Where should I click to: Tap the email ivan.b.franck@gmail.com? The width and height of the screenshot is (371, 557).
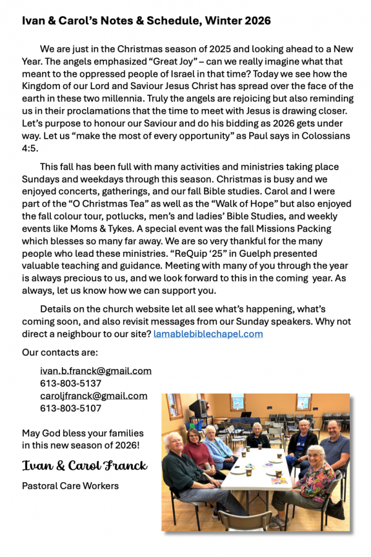pos(96,371)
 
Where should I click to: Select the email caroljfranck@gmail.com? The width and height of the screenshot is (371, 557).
pos(93,396)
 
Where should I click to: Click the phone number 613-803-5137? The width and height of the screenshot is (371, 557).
pos(70,384)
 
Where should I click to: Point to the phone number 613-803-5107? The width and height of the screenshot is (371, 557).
pos(70,408)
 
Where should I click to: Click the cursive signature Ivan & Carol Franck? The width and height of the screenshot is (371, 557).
pos(85,465)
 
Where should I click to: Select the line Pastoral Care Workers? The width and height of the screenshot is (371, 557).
pos(70,486)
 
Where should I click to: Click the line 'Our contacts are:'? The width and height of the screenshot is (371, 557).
pos(60,353)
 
